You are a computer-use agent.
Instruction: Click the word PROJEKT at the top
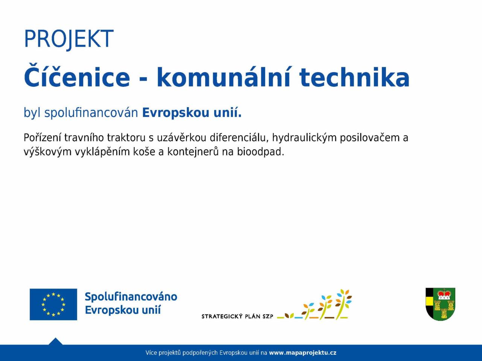pos(69,39)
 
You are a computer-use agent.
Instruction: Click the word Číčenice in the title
pos(77,76)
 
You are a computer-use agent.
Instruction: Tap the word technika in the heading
pos(354,77)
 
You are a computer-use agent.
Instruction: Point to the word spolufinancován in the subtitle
pos(91,113)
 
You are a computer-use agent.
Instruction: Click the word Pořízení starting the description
pos(42,138)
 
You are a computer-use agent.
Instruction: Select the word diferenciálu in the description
pos(239,138)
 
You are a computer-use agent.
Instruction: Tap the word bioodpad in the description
pos(261,152)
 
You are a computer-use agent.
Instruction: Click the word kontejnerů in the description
pos(193,152)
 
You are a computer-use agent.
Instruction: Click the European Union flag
pos(53,305)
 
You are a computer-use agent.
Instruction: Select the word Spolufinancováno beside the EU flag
pos(131,297)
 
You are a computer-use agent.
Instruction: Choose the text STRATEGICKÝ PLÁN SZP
pos(237,316)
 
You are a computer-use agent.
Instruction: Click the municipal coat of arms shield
pos(441,304)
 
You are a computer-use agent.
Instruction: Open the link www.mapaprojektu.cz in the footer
pos(303,353)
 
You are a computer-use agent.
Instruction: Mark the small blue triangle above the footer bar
pos(55,342)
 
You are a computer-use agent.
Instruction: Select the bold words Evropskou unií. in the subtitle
pos(192,113)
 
